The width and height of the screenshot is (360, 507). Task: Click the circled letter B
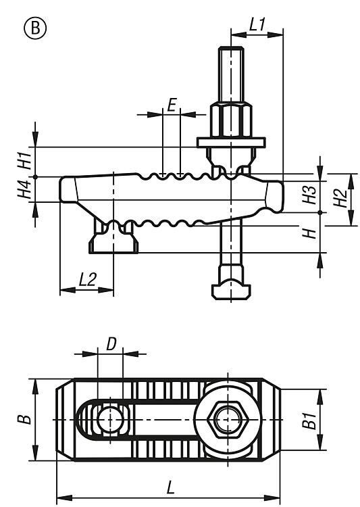35,28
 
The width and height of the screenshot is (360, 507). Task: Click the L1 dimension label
257,24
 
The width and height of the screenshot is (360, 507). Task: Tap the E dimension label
172,105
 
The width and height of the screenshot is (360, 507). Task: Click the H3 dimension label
309,195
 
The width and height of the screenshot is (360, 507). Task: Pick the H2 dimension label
340,198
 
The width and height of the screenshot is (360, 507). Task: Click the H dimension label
309,233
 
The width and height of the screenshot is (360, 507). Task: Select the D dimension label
111,344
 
